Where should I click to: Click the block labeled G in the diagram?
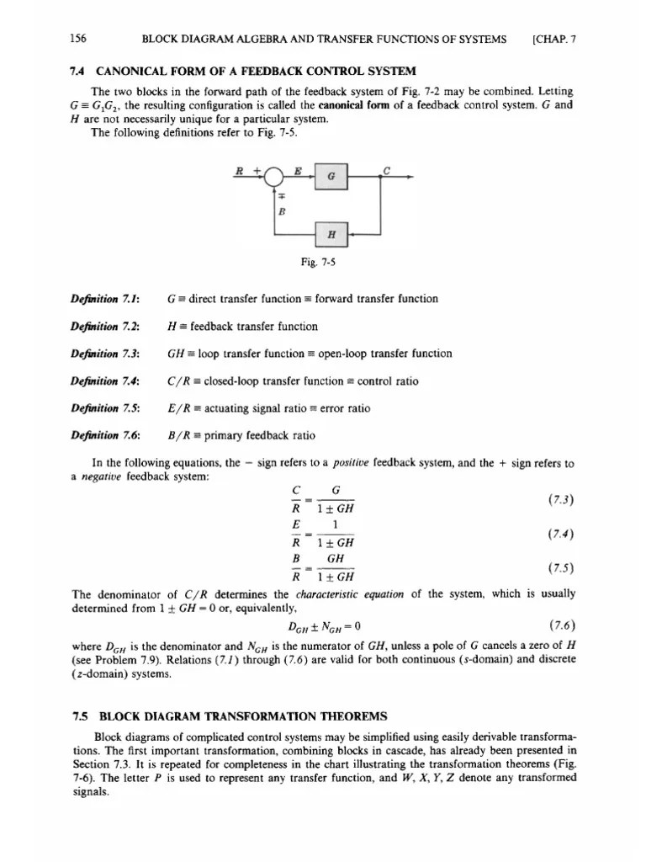click(330, 178)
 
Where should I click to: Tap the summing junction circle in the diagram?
click(275, 178)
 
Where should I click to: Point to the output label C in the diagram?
click(386, 170)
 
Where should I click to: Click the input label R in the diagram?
click(241, 171)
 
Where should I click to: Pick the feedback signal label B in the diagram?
click(281, 213)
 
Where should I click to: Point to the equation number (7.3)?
click(560, 500)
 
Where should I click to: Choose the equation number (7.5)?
click(560, 568)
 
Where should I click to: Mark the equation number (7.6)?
click(560, 625)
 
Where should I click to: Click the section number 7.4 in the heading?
click(81, 69)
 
